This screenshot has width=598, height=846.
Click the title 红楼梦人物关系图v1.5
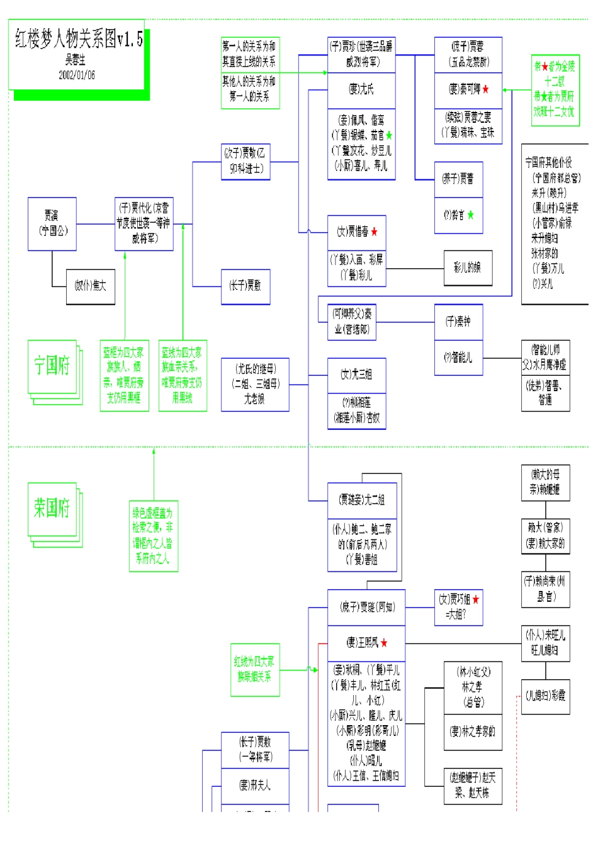(79, 40)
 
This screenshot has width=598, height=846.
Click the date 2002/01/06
(77, 75)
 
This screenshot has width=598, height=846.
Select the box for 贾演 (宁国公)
(52, 223)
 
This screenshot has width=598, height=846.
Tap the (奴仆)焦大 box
(91, 286)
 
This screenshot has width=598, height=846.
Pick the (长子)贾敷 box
(245, 286)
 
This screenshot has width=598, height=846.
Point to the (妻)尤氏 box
(361, 89)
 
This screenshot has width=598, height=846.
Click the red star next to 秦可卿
(485, 89)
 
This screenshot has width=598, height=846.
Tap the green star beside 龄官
(470, 215)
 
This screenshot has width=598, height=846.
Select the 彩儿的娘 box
(467, 268)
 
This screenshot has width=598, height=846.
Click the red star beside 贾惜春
(375, 232)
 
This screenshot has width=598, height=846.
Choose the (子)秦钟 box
(458, 322)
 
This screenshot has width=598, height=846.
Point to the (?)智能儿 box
(458, 358)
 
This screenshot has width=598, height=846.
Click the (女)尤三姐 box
(356, 375)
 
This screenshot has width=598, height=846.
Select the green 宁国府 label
(52, 366)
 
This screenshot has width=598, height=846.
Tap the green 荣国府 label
(52, 508)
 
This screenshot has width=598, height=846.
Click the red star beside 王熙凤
(384, 643)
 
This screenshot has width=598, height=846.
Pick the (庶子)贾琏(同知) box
(366, 607)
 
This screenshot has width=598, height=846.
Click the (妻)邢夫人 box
(255, 785)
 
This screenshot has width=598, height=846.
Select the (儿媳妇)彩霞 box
(545, 696)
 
